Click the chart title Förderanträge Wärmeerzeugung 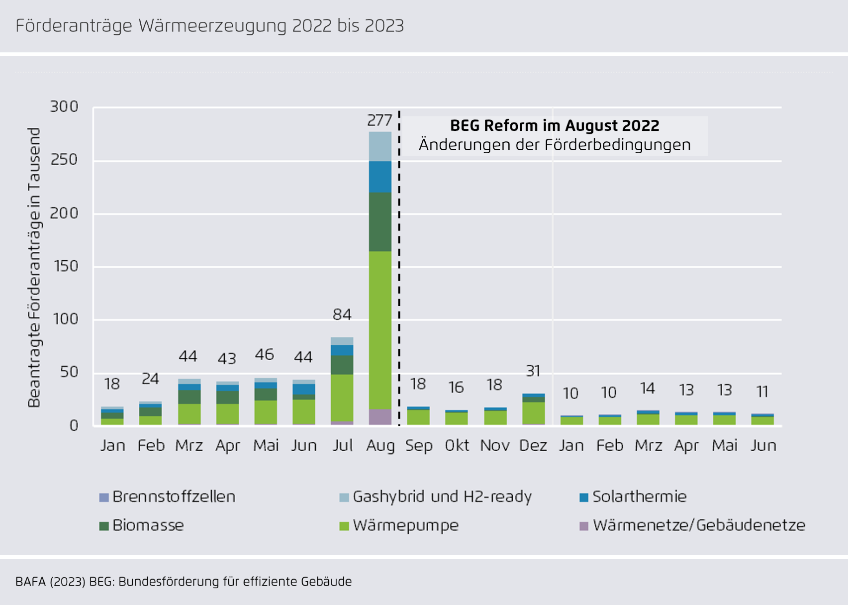pos(209,26)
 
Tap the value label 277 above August pos(379,120)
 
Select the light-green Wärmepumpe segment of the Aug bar pos(380,328)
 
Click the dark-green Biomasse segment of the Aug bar pos(380,222)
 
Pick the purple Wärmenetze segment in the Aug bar pos(380,417)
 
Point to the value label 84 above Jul pos(342,315)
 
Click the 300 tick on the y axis pos(64,107)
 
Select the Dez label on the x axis pos(533,445)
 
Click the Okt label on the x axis pos(457,445)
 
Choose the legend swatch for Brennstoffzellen pos(104,497)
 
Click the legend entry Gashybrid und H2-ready pos(442,497)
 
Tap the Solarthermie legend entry pos(639,497)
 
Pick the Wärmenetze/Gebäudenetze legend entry pos(699,525)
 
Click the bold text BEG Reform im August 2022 pos(555,125)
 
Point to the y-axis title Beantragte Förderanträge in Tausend pos(34,268)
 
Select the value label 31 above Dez pos(533,371)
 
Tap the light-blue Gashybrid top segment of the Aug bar pos(380,146)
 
